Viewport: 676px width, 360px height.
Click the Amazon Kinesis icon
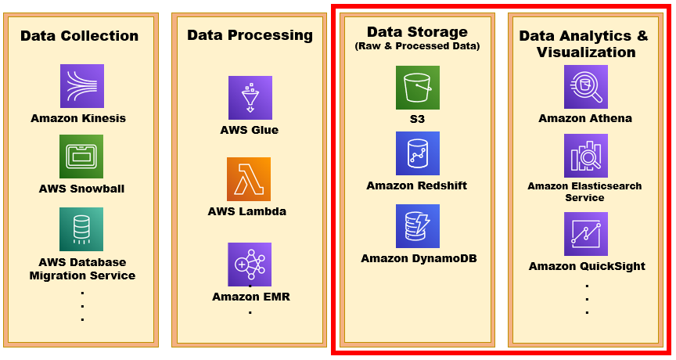[82, 86]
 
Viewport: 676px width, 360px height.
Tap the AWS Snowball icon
[81, 157]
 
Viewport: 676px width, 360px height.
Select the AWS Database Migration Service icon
[81, 229]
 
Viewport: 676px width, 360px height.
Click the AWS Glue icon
[250, 98]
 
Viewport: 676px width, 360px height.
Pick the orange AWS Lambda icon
[249, 179]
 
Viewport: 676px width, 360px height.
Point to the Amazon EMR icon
[250, 265]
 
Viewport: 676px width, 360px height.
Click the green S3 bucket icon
[418, 88]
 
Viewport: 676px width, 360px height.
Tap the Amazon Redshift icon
[418, 153]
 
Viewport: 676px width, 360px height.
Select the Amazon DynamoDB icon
[418, 226]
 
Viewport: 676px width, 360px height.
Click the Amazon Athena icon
[586, 87]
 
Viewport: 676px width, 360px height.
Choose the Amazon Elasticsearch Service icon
[586, 156]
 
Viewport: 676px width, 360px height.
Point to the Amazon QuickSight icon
[586, 234]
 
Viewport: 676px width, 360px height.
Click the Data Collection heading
[80, 36]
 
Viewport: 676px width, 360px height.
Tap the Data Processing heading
[250, 35]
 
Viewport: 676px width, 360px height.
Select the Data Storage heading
[417, 32]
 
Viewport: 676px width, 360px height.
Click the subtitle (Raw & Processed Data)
[417, 47]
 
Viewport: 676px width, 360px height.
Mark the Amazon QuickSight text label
[587, 266]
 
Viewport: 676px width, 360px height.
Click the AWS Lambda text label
[247, 211]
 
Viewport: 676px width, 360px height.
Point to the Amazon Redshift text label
[417, 185]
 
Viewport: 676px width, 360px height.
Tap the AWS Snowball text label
[81, 189]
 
